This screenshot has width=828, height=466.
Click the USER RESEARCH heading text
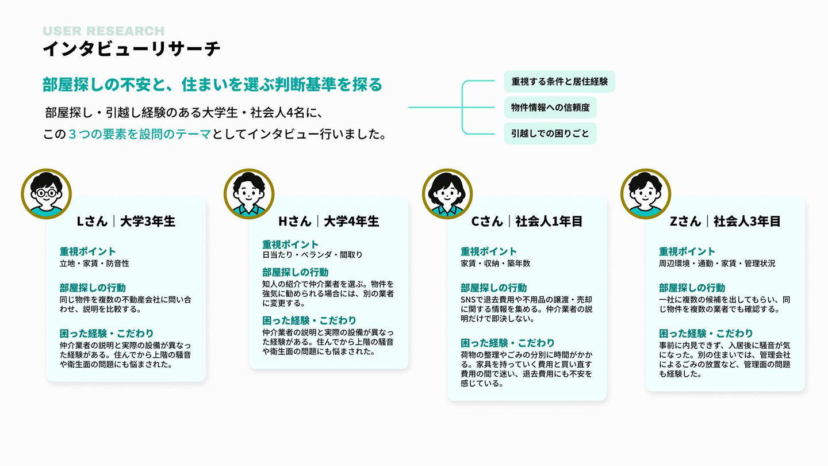click(103, 30)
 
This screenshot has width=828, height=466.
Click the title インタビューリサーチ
click(132, 49)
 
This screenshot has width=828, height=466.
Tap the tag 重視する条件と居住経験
click(559, 81)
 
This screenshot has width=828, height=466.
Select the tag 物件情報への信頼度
click(550, 107)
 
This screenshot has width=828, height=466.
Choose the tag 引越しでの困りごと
click(550, 133)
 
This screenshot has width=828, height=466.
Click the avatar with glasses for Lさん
click(46, 194)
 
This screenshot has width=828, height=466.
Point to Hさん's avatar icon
click(249, 194)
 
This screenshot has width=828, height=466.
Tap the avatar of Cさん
click(447, 194)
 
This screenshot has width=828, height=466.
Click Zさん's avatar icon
click(646, 194)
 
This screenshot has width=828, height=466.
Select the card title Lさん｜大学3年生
click(126, 221)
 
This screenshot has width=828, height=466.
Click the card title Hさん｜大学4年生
click(329, 221)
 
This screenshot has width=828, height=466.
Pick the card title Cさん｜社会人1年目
click(527, 221)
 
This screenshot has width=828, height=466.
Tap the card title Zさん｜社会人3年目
click(725, 221)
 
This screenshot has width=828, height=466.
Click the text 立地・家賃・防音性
click(95, 263)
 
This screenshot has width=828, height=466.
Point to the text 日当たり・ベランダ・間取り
click(312, 254)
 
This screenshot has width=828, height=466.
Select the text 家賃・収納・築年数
click(495, 263)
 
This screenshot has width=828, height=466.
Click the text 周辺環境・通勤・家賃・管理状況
click(717, 263)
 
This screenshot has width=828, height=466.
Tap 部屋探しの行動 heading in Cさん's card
click(493, 288)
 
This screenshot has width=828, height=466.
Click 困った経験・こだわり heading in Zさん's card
click(706, 334)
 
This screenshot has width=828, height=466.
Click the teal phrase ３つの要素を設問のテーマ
click(140, 134)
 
